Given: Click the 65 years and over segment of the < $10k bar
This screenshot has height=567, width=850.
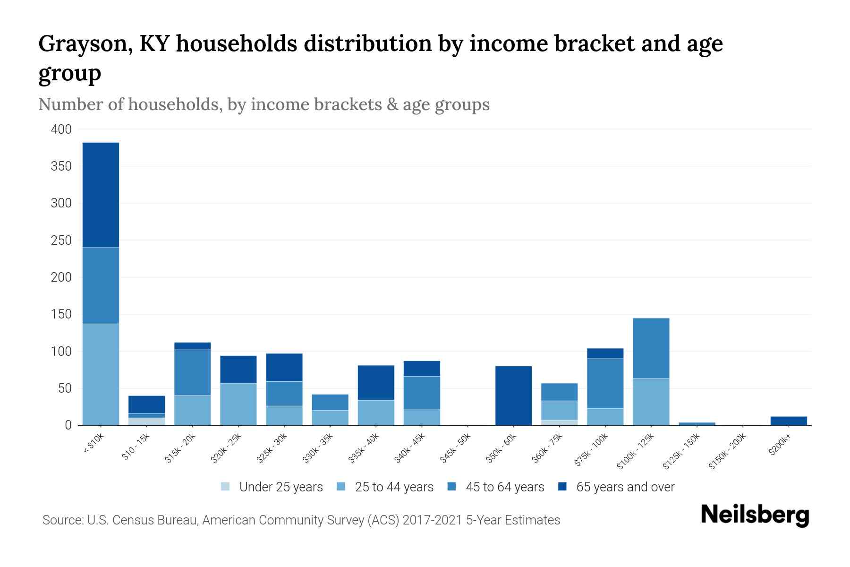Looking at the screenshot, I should click(101, 195).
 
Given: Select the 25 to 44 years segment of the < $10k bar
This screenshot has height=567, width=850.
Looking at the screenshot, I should click(101, 374).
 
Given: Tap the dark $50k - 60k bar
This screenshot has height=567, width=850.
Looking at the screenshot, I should click(513, 395).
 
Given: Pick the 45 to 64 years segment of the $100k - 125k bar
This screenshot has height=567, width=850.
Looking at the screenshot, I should click(651, 348).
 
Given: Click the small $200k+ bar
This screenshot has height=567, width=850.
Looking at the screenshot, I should click(789, 421).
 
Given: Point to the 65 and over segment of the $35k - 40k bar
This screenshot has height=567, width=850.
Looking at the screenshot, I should click(376, 383).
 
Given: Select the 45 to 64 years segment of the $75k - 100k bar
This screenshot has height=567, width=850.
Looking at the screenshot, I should click(605, 383).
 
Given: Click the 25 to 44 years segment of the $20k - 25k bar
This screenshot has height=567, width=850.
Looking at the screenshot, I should click(238, 404).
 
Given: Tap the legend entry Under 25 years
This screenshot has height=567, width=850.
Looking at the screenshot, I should click(280, 487).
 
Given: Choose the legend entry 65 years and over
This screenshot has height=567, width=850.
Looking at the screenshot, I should click(625, 487).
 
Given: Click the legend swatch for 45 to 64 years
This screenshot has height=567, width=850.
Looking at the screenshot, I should click(452, 487).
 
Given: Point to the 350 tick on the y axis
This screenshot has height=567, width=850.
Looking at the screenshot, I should click(61, 166).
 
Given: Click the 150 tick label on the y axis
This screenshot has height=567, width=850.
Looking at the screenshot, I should click(61, 314).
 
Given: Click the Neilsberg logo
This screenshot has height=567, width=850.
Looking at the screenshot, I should click(755, 515).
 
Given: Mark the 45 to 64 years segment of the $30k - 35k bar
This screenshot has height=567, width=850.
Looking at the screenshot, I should click(330, 402).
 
